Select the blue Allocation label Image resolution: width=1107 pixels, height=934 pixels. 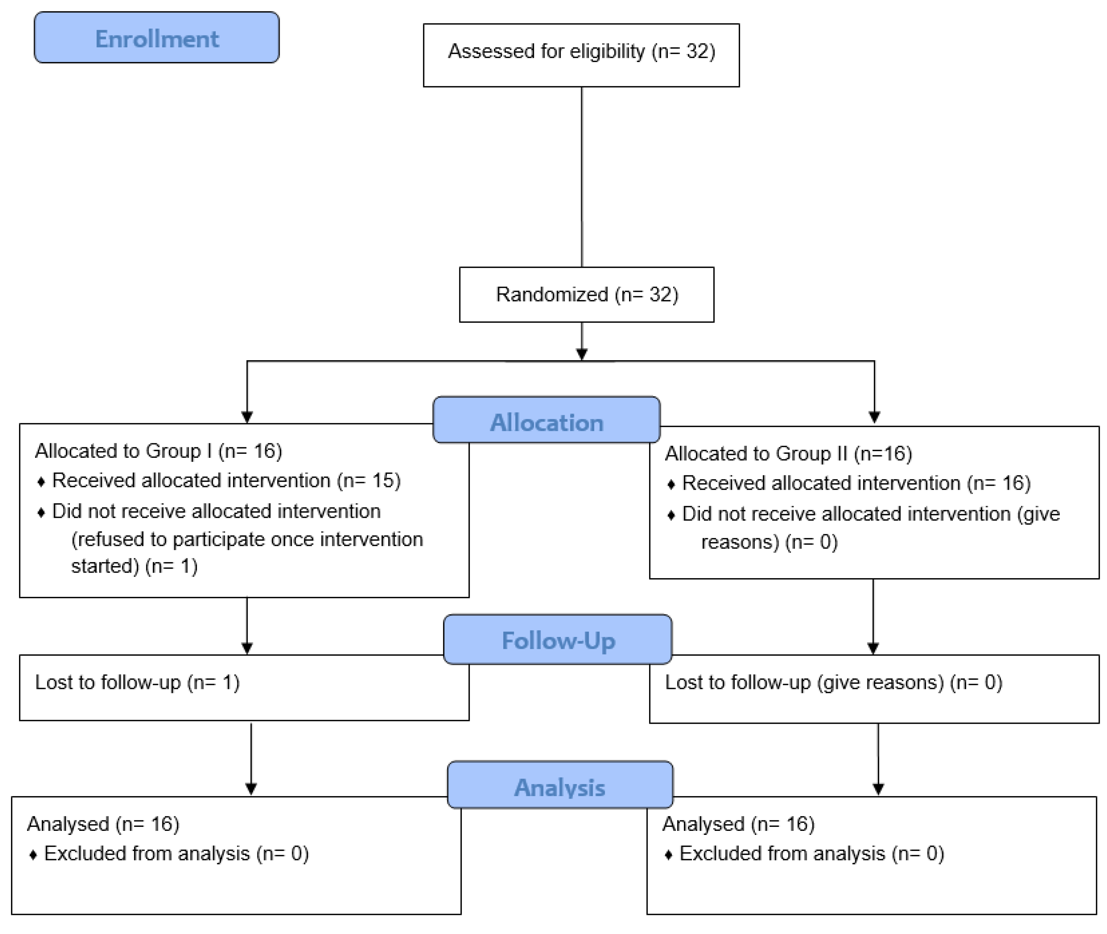pos(546,422)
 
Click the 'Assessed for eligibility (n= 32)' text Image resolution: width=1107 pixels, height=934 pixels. pos(581,51)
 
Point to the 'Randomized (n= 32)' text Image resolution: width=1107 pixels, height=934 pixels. pos(587,294)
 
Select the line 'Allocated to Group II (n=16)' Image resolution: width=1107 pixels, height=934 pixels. pos(788,454)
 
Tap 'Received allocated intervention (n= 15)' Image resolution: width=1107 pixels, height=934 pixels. pos(226,481)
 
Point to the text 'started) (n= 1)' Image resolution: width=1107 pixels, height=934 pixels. pos(135,566)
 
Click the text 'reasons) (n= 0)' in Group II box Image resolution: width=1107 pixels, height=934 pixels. pos(769,542)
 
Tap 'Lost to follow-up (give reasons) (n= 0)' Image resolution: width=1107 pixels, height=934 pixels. pos(833,682)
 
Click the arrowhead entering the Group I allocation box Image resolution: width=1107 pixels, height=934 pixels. pos(247,417)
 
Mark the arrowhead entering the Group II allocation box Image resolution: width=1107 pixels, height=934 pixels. pos(874,417)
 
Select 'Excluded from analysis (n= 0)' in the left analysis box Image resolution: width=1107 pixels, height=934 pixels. pos(176,854)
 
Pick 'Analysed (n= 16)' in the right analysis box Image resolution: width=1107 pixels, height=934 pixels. pos(738,824)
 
